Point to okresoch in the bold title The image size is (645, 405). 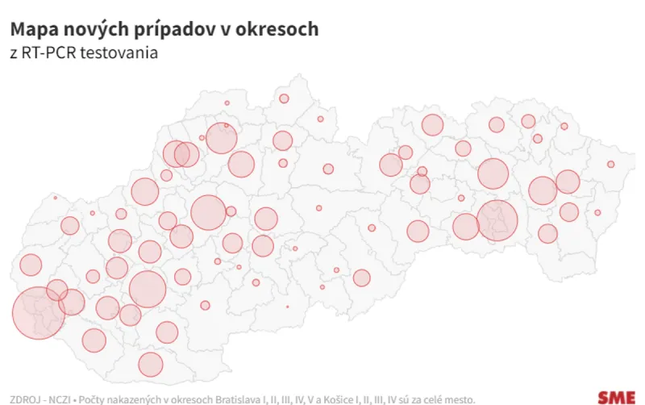279,29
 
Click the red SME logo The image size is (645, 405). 616,396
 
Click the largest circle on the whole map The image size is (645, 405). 38,312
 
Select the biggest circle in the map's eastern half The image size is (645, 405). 498,220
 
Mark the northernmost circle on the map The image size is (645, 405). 284,98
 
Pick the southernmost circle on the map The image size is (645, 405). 150,365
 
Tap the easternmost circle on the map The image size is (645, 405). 611,165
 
